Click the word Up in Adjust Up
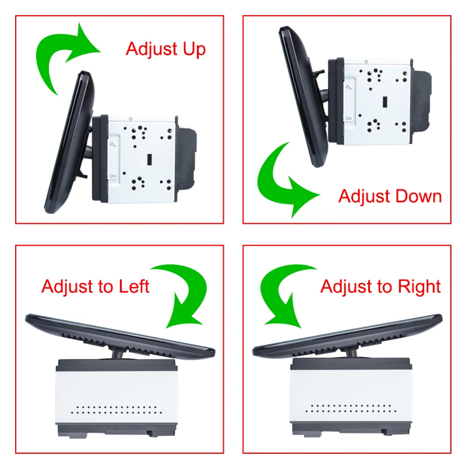194,50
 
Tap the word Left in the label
134,286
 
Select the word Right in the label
419,287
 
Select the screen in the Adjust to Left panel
119,334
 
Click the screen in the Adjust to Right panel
348,334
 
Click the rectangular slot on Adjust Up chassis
149,159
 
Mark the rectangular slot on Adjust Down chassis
384,102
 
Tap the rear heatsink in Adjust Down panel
421,101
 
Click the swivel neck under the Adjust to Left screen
118,353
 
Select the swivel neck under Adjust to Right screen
352,352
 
